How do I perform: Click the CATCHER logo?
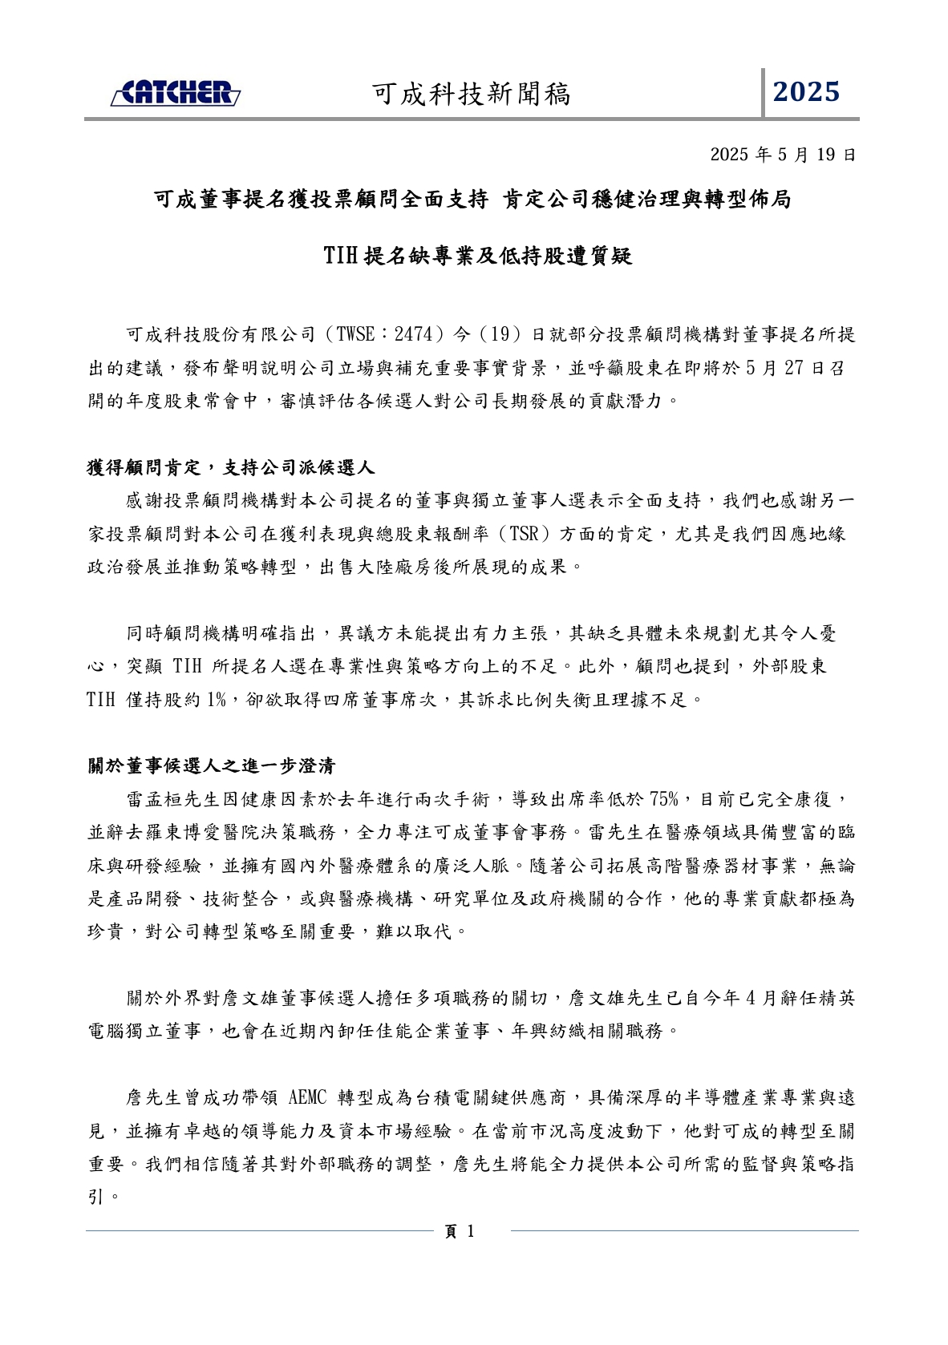175,93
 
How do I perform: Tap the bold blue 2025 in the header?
806,92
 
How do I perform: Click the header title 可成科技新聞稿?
472,95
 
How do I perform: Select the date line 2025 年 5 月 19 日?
783,155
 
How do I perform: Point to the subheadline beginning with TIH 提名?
477,256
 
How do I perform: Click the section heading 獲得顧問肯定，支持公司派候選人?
231,467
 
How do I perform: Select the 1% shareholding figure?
216,700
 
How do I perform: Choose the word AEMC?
307,1097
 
